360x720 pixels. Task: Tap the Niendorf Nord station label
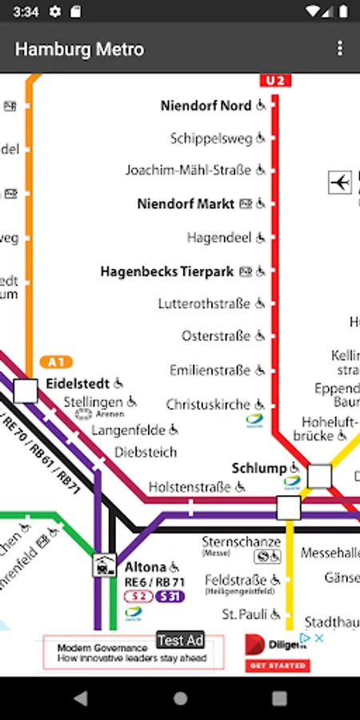[x=206, y=106]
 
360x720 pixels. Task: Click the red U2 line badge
[x=274, y=80]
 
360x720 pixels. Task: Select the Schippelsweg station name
[x=210, y=138]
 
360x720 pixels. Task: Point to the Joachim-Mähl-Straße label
[x=188, y=170]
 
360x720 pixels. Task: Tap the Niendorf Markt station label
[x=186, y=204]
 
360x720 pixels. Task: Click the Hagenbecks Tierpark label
[x=166, y=271]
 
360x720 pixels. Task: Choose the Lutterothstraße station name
[x=204, y=304]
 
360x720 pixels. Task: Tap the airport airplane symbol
[x=340, y=182]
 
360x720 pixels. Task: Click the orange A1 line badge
[x=55, y=362]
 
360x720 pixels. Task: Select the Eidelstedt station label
[x=78, y=383]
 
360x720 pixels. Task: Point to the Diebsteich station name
[x=146, y=452]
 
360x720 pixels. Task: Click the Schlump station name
[x=258, y=468]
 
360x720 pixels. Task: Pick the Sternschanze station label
[x=241, y=542]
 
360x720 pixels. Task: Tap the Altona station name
[x=145, y=566]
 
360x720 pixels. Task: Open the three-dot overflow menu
[x=340, y=49]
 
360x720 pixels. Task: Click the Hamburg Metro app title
[x=79, y=50]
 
